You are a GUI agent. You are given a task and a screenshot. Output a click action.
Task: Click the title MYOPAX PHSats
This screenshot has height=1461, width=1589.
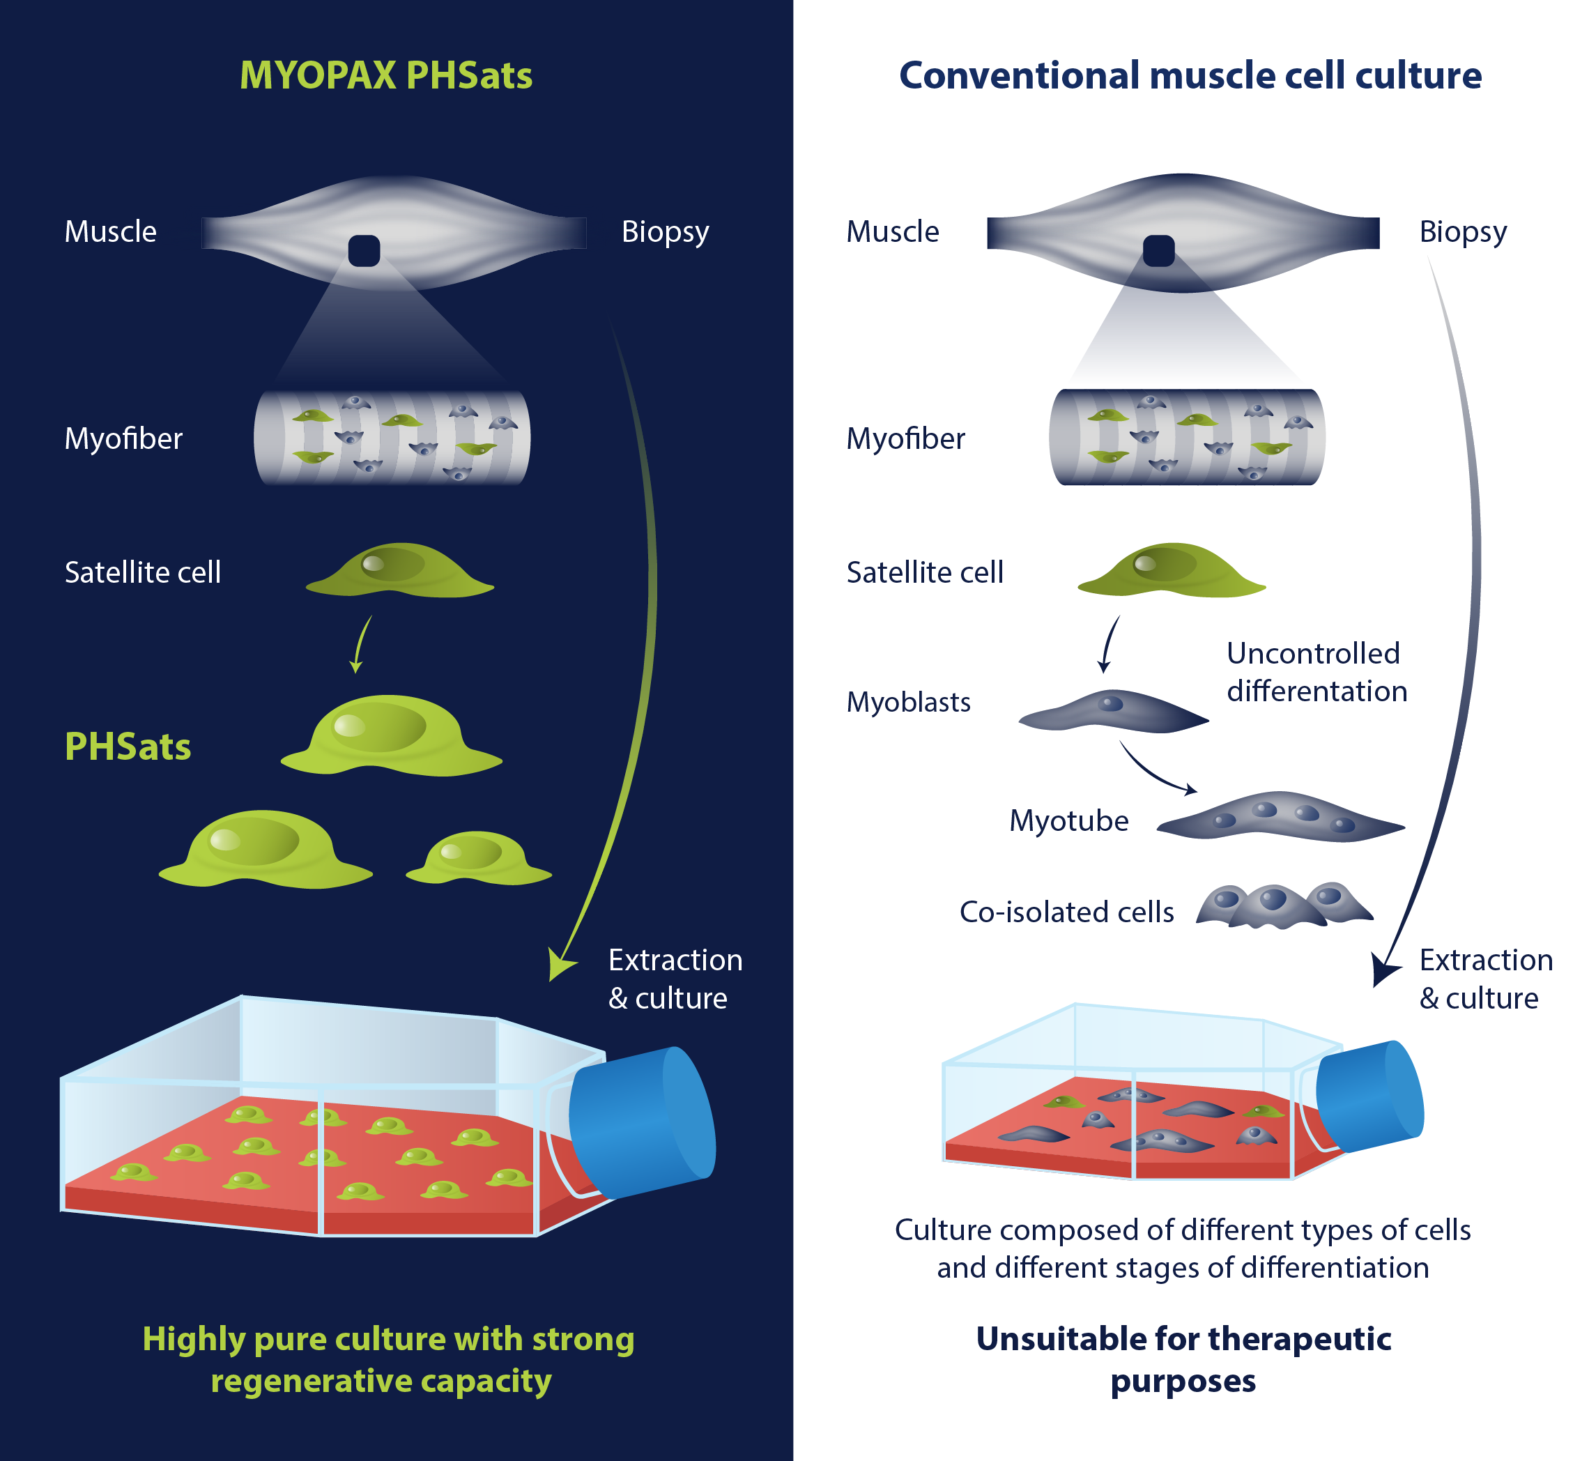pos(386,76)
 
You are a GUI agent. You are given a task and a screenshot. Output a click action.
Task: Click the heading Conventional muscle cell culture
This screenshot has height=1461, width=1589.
pos(1190,76)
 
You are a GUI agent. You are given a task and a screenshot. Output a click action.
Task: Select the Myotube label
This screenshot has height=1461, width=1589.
pos(1069,820)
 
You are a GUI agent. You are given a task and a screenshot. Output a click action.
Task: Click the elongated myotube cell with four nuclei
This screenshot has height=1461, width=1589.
pos(1281,817)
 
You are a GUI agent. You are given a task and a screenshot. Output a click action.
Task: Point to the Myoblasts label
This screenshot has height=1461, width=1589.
pos(908,702)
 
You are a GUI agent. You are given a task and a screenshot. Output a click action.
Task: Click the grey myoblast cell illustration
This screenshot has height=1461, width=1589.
pos(1113,711)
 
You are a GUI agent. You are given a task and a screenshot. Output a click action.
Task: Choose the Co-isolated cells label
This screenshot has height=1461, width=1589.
pos(1066,912)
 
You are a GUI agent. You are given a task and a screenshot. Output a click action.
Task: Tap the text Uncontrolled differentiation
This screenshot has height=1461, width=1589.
pos(1317,672)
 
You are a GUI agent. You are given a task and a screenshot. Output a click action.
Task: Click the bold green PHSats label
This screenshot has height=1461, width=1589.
pos(128,747)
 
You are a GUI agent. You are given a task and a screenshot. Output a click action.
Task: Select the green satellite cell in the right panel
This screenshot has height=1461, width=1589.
pos(1171,571)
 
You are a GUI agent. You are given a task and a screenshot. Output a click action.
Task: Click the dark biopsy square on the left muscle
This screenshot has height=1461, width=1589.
pos(364,251)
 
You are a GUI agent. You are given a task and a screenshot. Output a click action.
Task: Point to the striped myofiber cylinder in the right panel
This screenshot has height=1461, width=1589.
pos(1187,437)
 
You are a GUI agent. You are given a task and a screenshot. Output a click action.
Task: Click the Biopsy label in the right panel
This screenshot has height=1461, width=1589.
pos(1463,231)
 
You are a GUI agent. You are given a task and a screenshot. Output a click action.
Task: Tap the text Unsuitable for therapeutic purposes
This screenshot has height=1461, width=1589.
pos(1183,1360)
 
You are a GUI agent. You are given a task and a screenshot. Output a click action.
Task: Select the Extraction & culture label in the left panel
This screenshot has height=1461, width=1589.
pos(675,979)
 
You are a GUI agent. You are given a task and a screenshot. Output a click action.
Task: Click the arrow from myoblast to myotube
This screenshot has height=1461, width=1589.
pos(1156,772)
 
